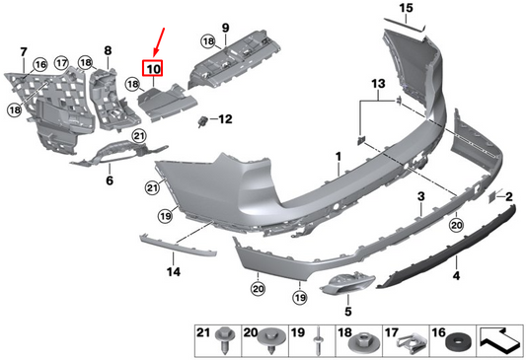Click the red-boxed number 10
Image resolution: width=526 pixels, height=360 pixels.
click(154, 69)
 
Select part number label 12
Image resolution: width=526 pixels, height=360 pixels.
click(224, 119)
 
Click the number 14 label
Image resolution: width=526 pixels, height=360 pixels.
click(173, 270)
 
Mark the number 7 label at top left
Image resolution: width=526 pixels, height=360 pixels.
click(25, 50)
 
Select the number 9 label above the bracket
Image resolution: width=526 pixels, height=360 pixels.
click(224, 27)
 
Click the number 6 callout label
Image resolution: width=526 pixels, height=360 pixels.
click(110, 180)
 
